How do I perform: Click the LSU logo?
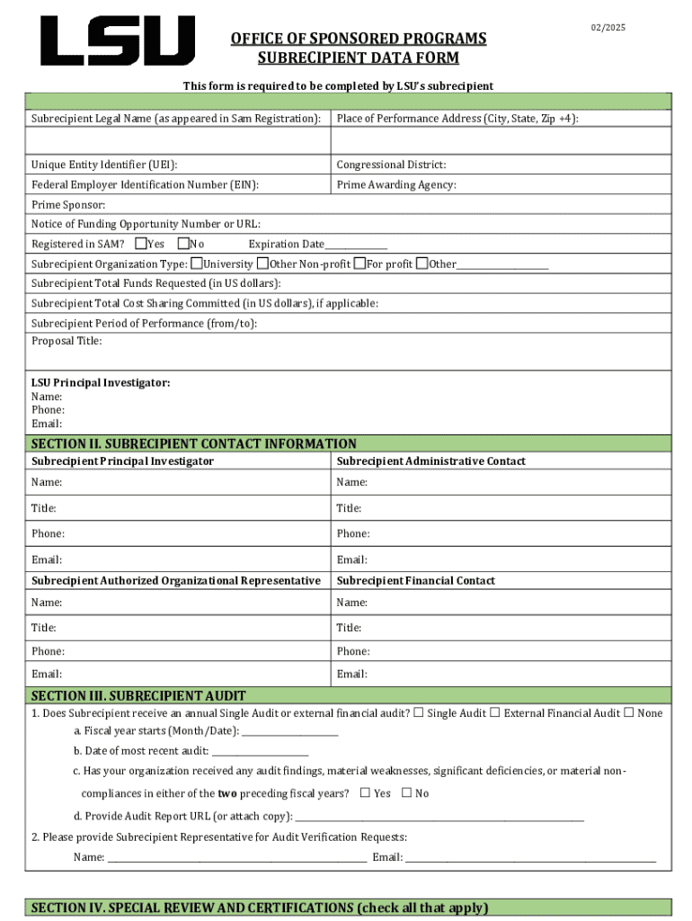(x=117, y=41)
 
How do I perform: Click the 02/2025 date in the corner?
(x=608, y=28)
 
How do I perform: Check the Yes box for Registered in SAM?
(x=141, y=244)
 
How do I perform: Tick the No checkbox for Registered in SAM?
(x=183, y=244)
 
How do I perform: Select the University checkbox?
(x=197, y=264)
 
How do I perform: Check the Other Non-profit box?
(x=262, y=264)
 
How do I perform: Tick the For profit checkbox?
(x=359, y=264)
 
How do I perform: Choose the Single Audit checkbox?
(x=418, y=713)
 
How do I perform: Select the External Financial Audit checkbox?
(x=495, y=713)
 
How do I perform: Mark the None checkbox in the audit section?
(x=628, y=713)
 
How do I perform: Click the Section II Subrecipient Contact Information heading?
(x=194, y=443)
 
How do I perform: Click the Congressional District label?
(x=391, y=165)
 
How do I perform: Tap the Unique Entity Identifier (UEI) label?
(x=104, y=165)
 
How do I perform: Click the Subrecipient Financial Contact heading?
(x=415, y=581)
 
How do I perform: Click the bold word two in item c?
(x=226, y=794)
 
